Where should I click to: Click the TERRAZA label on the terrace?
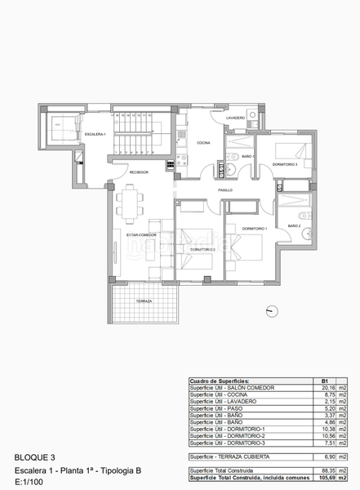coord(144,301)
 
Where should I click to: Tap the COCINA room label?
coord(202,143)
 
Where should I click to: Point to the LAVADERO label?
coord(236,118)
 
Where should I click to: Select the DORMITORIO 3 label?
coord(285,164)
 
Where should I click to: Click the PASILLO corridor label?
coord(225,189)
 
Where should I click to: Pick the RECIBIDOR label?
coord(137,172)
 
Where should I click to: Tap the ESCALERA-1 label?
coord(96,134)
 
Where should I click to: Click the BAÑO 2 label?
coord(294,225)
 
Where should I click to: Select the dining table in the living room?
coord(130,205)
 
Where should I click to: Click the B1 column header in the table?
coord(324,381)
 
